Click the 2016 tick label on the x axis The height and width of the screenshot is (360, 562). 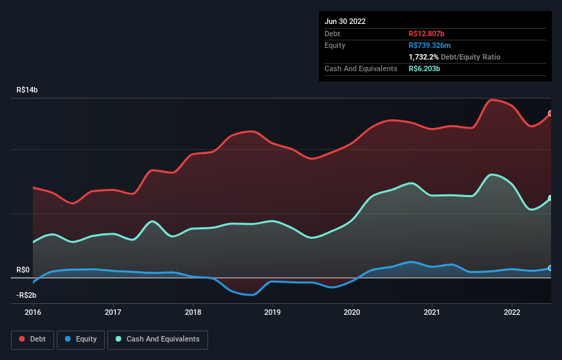pos(33,311)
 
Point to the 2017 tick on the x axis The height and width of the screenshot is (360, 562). pos(113,311)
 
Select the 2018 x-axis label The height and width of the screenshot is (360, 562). pos(193,311)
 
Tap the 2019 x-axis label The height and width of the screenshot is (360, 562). pos(272,311)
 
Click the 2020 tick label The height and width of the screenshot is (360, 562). pos(353,311)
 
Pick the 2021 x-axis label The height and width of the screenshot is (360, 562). pos(432,311)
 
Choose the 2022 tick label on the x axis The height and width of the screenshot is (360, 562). pos(512,311)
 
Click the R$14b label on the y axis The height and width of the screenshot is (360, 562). pos(27,90)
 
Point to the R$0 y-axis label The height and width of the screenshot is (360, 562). pos(23,270)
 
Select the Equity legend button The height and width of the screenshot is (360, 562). pos(81,339)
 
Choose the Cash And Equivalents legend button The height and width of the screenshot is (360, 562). pos(157,339)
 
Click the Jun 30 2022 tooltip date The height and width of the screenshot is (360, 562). pos(345,21)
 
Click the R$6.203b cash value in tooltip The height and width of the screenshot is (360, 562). pos(425,68)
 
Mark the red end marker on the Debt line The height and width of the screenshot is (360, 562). pos(550,114)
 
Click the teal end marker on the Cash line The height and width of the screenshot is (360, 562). pos(550,198)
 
